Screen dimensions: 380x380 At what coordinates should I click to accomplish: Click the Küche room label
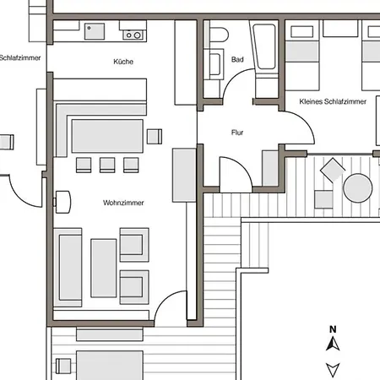[x=123, y=62]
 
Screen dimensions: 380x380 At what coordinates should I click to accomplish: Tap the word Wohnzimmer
[x=123, y=203]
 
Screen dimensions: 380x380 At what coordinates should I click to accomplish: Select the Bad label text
[x=237, y=59]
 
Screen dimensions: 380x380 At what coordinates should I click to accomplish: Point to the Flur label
[x=237, y=133]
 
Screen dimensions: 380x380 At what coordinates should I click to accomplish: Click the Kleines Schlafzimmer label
[x=333, y=101]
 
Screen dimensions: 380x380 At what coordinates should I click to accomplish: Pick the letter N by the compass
[x=333, y=329]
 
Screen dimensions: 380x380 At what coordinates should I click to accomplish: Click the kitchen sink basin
[x=95, y=31]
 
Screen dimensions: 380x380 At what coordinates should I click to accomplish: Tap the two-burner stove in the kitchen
[x=133, y=35]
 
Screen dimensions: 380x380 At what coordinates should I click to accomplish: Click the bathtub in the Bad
[x=264, y=46]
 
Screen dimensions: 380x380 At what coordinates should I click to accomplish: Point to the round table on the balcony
[x=358, y=187]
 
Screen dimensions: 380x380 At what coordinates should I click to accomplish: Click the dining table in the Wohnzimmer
[x=107, y=136]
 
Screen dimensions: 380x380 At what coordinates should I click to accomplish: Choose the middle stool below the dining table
[x=107, y=165]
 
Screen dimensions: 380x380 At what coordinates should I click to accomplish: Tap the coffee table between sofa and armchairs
[x=104, y=268]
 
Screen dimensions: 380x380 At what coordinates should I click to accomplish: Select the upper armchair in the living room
[x=134, y=245]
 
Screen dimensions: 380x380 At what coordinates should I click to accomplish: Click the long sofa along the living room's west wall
[x=68, y=268]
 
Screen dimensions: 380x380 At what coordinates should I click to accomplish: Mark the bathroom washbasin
[x=214, y=64]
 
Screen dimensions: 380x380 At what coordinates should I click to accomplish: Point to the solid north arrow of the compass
[x=333, y=344]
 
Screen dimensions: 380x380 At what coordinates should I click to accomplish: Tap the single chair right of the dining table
[x=155, y=137]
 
